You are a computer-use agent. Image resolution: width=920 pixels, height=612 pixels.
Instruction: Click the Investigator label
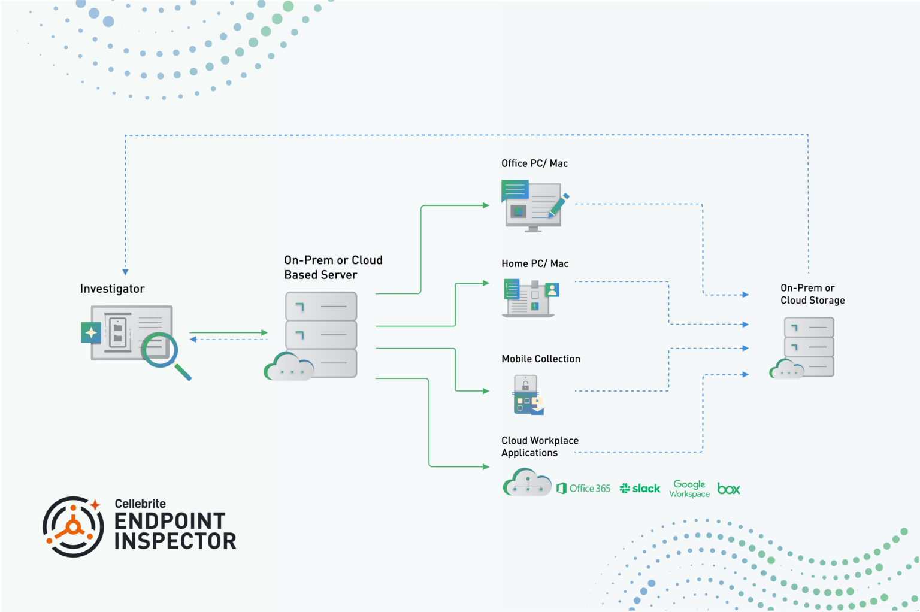[x=112, y=289]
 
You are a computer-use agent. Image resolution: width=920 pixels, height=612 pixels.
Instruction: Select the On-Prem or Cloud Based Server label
[x=332, y=268]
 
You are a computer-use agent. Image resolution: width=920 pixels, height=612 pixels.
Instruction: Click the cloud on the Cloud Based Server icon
[x=287, y=368]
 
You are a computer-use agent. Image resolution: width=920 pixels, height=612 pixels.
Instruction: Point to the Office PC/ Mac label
[x=534, y=163]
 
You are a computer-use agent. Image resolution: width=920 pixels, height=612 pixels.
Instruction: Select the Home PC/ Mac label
[x=535, y=263]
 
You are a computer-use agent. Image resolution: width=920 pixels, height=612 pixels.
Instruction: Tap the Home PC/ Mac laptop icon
[x=529, y=298]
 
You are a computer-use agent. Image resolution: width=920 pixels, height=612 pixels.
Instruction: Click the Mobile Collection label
[x=540, y=359]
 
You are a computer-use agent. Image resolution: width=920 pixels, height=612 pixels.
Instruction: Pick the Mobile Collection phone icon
[x=527, y=395]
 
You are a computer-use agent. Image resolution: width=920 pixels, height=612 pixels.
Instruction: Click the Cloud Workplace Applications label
[x=540, y=447]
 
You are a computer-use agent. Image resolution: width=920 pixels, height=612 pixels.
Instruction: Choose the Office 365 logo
[x=583, y=489]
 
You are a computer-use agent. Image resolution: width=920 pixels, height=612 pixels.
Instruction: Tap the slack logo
[x=640, y=489]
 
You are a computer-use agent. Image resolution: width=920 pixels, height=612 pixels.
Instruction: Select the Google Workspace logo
[x=689, y=489]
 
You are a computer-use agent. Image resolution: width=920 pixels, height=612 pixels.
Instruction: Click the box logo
[x=728, y=489]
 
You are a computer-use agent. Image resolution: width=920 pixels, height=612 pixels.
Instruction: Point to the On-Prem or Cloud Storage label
[x=812, y=294]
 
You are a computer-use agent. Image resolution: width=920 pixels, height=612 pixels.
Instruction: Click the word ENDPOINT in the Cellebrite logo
[x=170, y=521]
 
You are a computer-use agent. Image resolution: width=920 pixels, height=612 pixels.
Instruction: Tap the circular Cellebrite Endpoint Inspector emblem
[x=73, y=526]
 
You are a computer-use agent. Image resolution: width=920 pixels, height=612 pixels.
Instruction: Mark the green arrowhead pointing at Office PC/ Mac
[x=486, y=205]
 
